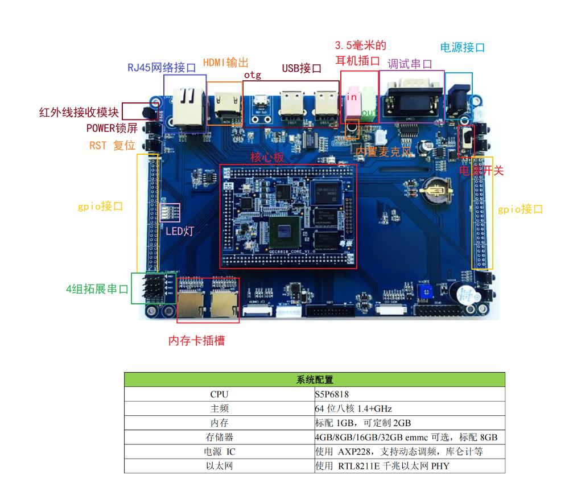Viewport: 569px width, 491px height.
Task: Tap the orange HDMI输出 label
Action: [x=226, y=62]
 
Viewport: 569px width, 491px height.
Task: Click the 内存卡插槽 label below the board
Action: [x=196, y=341]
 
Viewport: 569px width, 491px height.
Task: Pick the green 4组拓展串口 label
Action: [x=97, y=288]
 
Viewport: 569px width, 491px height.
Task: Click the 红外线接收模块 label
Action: [x=79, y=112]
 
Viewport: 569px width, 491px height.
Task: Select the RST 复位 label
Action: [x=112, y=145]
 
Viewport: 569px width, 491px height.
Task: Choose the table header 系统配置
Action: [x=315, y=380]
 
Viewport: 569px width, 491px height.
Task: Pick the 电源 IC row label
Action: [x=219, y=452]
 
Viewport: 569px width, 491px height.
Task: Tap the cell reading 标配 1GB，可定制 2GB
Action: [x=362, y=423]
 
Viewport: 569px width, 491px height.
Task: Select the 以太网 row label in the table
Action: [x=219, y=466]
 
